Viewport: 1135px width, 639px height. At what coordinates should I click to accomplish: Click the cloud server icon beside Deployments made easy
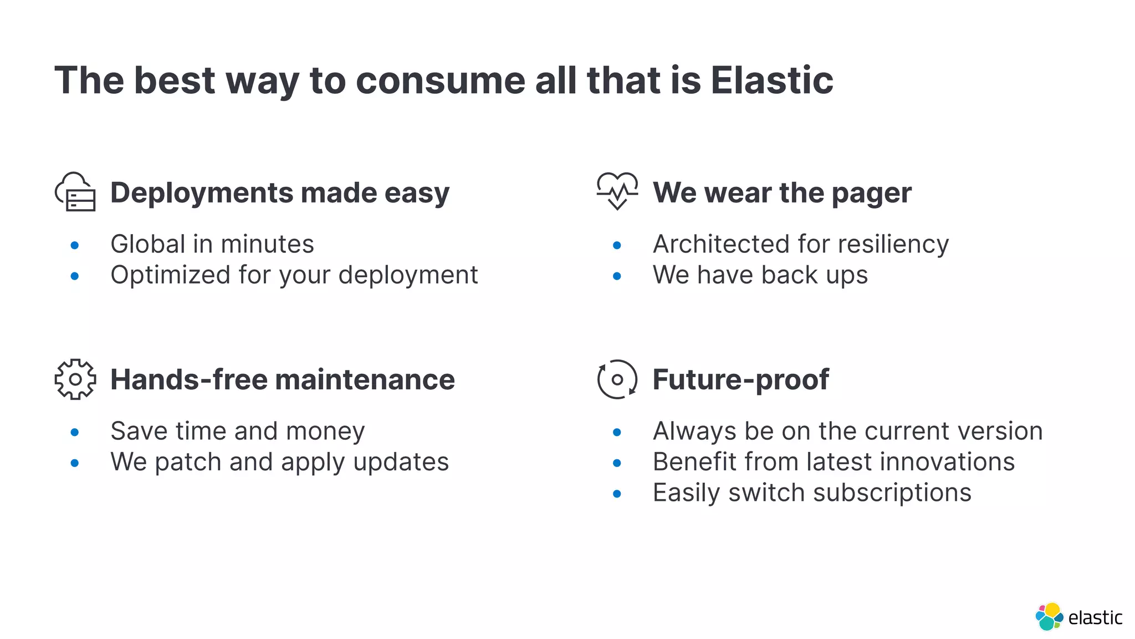pyautogui.click(x=75, y=192)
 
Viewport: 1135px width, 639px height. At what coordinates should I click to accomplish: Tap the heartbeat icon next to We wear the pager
pyautogui.click(x=617, y=191)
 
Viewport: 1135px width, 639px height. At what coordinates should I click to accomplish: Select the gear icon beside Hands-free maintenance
pyautogui.click(x=75, y=379)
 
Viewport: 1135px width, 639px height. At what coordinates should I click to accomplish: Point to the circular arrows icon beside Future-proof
pyautogui.click(x=617, y=379)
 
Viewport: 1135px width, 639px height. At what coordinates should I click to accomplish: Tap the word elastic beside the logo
pyautogui.click(x=1095, y=618)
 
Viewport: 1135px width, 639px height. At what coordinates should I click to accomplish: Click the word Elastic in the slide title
pyautogui.click(x=771, y=80)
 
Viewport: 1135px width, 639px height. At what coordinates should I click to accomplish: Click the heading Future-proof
pyautogui.click(x=740, y=380)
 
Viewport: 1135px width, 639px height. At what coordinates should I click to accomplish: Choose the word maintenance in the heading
pyautogui.click(x=365, y=380)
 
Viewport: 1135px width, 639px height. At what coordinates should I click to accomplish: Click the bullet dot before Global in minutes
pyautogui.click(x=75, y=245)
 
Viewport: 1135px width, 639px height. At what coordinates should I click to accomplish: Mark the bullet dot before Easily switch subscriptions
pyautogui.click(x=617, y=494)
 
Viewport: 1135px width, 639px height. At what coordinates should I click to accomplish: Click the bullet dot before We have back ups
pyautogui.click(x=617, y=276)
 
